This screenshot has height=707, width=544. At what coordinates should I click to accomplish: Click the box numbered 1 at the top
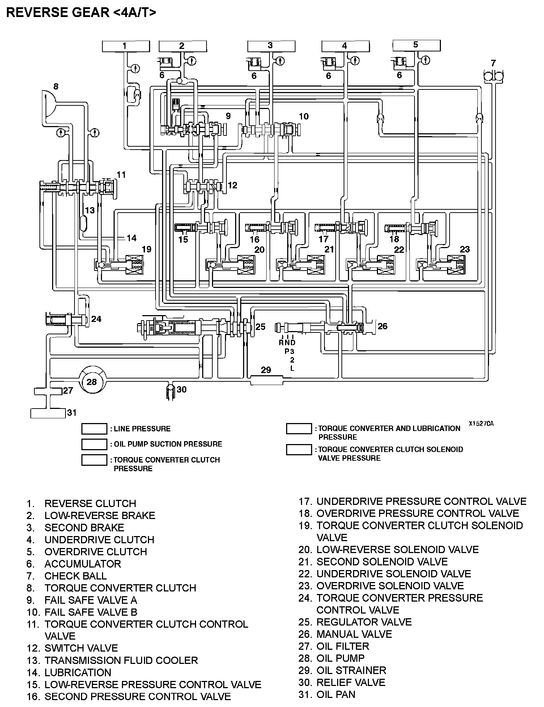(x=126, y=46)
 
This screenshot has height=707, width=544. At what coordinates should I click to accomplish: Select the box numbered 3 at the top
(x=271, y=46)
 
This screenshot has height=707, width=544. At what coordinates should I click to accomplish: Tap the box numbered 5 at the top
(x=416, y=45)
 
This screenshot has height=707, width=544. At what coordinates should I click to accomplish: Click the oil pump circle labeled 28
(x=92, y=382)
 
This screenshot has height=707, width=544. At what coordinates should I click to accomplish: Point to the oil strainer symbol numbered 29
(x=266, y=380)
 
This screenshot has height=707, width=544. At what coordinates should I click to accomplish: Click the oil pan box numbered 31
(x=48, y=413)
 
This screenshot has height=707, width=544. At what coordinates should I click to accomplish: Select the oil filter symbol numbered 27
(x=48, y=391)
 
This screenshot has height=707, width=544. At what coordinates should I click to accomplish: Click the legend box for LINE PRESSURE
(x=94, y=428)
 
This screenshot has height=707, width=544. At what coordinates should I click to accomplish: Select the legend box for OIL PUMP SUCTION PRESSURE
(x=94, y=444)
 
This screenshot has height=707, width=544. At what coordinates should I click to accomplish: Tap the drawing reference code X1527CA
(x=481, y=423)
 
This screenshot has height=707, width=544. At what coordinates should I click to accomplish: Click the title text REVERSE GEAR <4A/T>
(x=81, y=13)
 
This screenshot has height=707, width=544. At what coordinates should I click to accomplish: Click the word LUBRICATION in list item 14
(x=78, y=673)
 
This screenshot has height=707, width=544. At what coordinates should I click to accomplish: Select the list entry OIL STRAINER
(x=351, y=670)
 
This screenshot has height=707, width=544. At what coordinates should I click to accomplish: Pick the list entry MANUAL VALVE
(x=354, y=634)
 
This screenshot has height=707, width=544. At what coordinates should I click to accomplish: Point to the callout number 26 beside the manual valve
(x=382, y=326)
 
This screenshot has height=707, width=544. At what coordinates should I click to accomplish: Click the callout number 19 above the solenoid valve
(x=146, y=249)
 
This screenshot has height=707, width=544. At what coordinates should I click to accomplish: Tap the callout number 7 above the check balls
(x=493, y=63)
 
